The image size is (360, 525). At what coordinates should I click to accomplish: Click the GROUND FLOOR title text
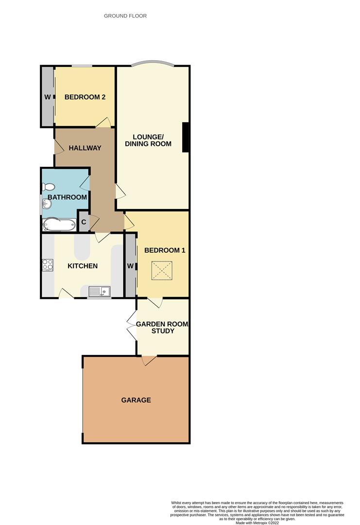click(x=125, y=16)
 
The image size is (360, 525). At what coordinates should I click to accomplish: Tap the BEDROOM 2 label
click(x=85, y=97)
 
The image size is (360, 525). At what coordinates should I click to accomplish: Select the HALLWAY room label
click(x=85, y=148)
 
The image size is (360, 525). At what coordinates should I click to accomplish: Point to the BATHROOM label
click(x=67, y=197)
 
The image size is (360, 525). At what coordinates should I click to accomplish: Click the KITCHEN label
click(x=83, y=266)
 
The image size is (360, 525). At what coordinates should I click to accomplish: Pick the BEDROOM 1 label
click(x=165, y=250)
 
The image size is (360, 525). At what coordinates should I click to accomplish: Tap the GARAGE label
click(x=136, y=400)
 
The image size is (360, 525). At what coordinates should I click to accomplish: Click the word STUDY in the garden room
click(x=163, y=331)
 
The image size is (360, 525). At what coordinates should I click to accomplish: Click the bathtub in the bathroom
click(x=59, y=224)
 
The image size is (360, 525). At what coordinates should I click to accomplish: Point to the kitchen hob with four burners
click(x=48, y=265)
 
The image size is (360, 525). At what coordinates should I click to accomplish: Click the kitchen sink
click(x=100, y=292)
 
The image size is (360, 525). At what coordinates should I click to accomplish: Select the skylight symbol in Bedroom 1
click(x=162, y=271)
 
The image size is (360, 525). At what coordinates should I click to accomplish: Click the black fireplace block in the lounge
click(x=186, y=138)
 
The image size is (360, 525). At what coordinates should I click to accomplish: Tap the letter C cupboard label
click(x=84, y=222)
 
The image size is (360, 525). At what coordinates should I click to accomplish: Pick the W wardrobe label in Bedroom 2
click(x=48, y=97)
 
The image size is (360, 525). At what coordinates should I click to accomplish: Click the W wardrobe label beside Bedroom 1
click(x=131, y=266)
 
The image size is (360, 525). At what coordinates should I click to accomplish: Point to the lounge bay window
click(x=152, y=63)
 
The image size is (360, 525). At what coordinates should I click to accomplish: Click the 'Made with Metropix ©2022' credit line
click(x=257, y=523)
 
